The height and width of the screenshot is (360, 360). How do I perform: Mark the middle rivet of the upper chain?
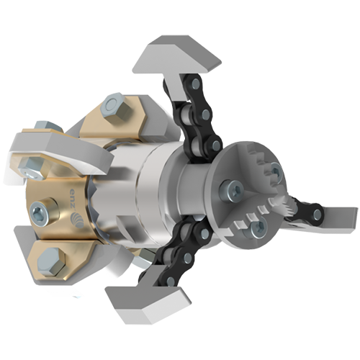pyautogui.click(x=205, y=114)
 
